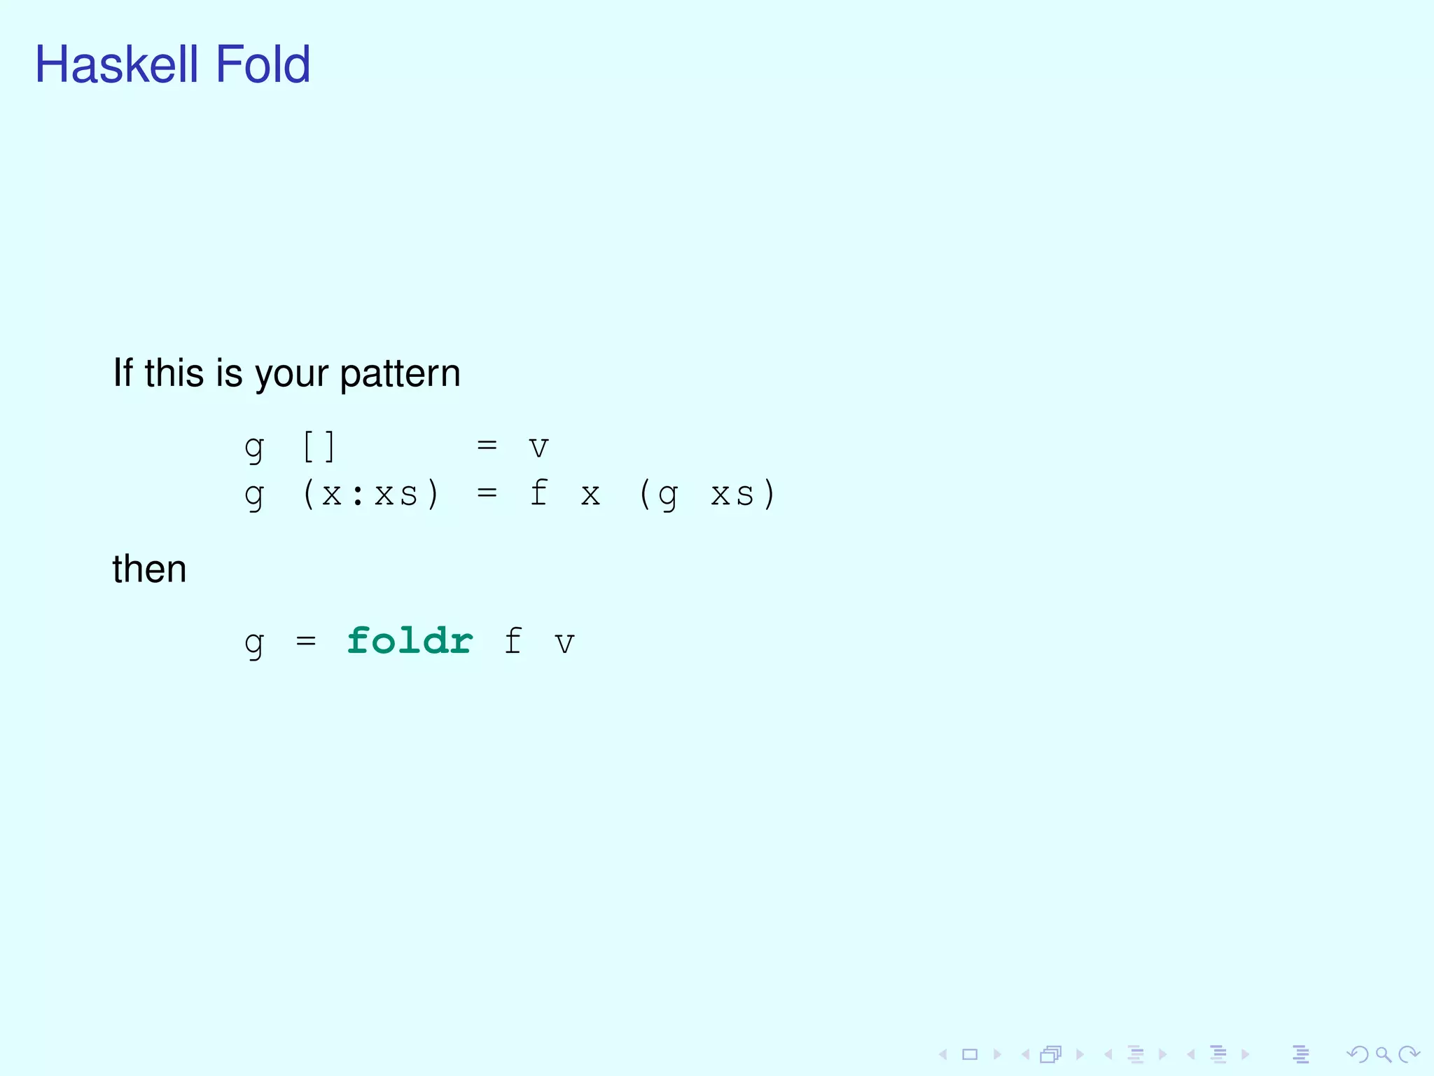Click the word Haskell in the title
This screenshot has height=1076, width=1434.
click(117, 64)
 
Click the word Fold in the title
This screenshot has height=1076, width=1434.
click(263, 64)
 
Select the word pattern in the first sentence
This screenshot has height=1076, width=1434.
click(400, 373)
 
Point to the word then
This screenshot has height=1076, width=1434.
click(149, 569)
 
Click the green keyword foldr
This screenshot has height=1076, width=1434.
click(410, 641)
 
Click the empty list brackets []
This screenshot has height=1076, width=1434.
click(319, 446)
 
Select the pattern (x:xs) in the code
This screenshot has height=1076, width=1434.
click(370, 495)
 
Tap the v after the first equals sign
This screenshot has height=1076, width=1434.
click(538, 447)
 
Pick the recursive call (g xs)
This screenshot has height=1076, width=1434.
click(707, 495)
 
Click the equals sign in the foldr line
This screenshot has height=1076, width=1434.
click(306, 641)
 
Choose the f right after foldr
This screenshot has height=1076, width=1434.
click(513, 641)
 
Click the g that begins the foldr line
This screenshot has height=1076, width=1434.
click(254, 643)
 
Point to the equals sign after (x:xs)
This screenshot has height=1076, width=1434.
click(487, 493)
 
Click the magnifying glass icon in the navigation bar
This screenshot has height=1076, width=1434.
click(1383, 1054)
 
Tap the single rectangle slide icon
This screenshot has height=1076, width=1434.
click(970, 1054)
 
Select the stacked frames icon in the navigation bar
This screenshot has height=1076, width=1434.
click(1051, 1054)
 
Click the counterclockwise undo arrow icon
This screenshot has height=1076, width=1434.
click(1358, 1054)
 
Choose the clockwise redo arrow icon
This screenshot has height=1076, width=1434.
click(1408, 1054)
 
